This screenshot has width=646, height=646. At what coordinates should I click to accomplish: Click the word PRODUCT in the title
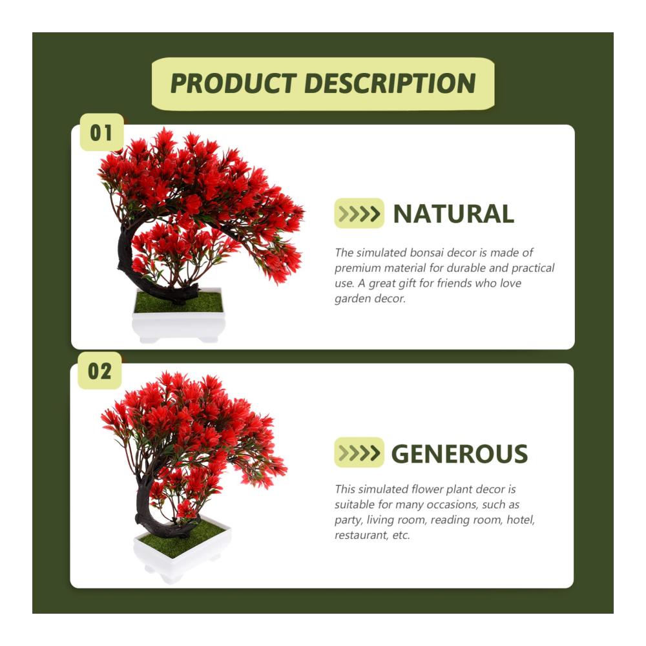[233, 83]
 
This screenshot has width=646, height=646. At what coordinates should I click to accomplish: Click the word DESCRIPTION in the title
[390, 83]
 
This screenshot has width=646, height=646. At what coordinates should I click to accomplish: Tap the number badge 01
[101, 132]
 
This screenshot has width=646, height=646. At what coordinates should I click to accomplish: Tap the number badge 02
[99, 371]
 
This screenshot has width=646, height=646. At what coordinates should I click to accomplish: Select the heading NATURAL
[453, 214]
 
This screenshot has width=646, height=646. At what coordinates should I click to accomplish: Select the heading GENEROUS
[459, 453]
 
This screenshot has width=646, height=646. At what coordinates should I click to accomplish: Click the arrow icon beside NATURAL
[359, 213]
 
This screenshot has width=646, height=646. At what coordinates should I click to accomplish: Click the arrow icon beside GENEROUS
[359, 452]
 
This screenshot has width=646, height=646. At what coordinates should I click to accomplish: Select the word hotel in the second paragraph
[521, 520]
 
